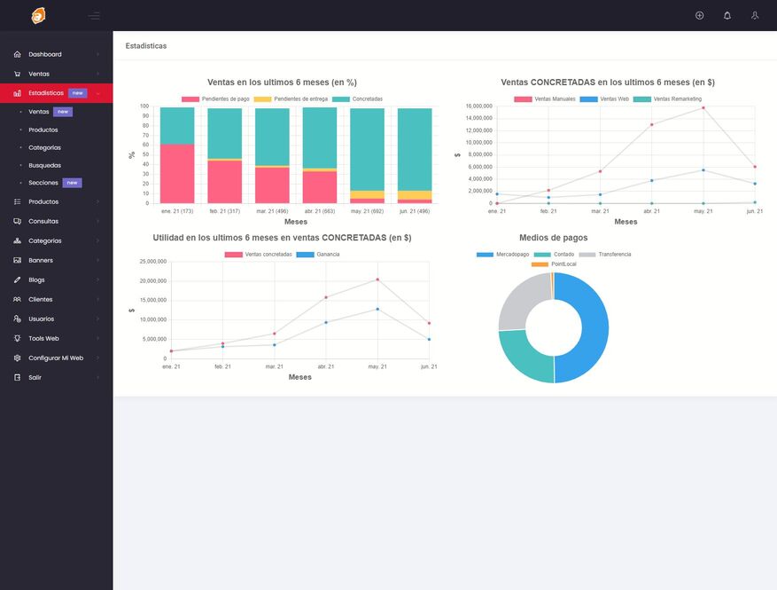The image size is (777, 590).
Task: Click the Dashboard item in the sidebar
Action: [x=45, y=54]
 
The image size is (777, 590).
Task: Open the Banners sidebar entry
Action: [x=41, y=260]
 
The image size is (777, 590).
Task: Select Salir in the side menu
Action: [x=35, y=377]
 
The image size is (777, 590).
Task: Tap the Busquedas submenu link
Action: [x=44, y=165]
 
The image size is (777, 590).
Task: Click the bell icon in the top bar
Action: [x=727, y=15]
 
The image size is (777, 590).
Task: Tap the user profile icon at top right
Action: [x=755, y=15]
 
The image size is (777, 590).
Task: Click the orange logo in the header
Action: [x=38, y=15]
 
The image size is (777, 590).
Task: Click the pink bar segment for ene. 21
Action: [x=177, y=173]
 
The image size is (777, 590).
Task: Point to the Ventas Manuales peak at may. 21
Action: [x=703, y=108]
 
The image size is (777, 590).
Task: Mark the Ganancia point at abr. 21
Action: [x=326, y=322]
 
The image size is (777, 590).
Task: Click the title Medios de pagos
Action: [x=553, y=238]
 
